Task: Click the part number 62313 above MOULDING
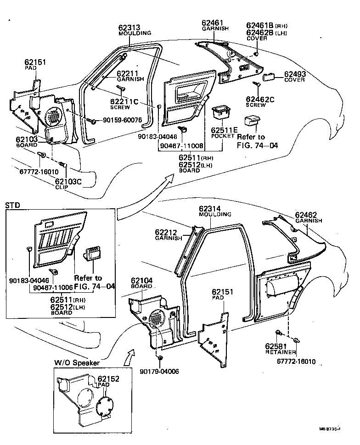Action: pyautogui.click(x=129, y=28)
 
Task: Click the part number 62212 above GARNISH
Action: pyautogui.click(x=168, y=232)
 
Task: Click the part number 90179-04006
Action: pyautogui.click(x=160, y=372)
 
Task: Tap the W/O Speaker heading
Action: pyautogui.click(x=77, y=362)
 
